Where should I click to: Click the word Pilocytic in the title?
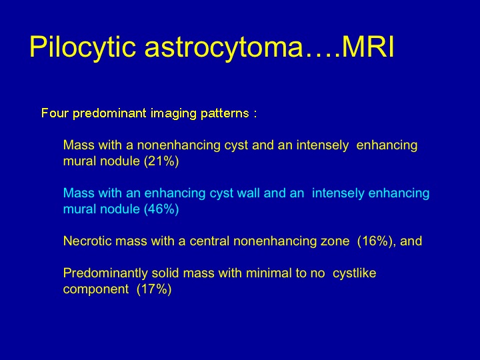(x=83, y=47)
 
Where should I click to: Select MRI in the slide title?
(x=367, y=47)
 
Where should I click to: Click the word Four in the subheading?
(x=55, y=113)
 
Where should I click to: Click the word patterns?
(x=225, y=113)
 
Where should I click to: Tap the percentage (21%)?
(x=161, y=161)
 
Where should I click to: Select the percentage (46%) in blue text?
(x=161, y=209)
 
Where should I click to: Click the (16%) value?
(x=375, y=241)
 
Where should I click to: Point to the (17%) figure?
(x=154, y=289)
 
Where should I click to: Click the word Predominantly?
(x=105, y=273)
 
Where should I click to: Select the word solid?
(x=165, y=273)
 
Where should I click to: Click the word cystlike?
(x=354, y=273)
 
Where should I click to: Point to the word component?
(x=96, y=289)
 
